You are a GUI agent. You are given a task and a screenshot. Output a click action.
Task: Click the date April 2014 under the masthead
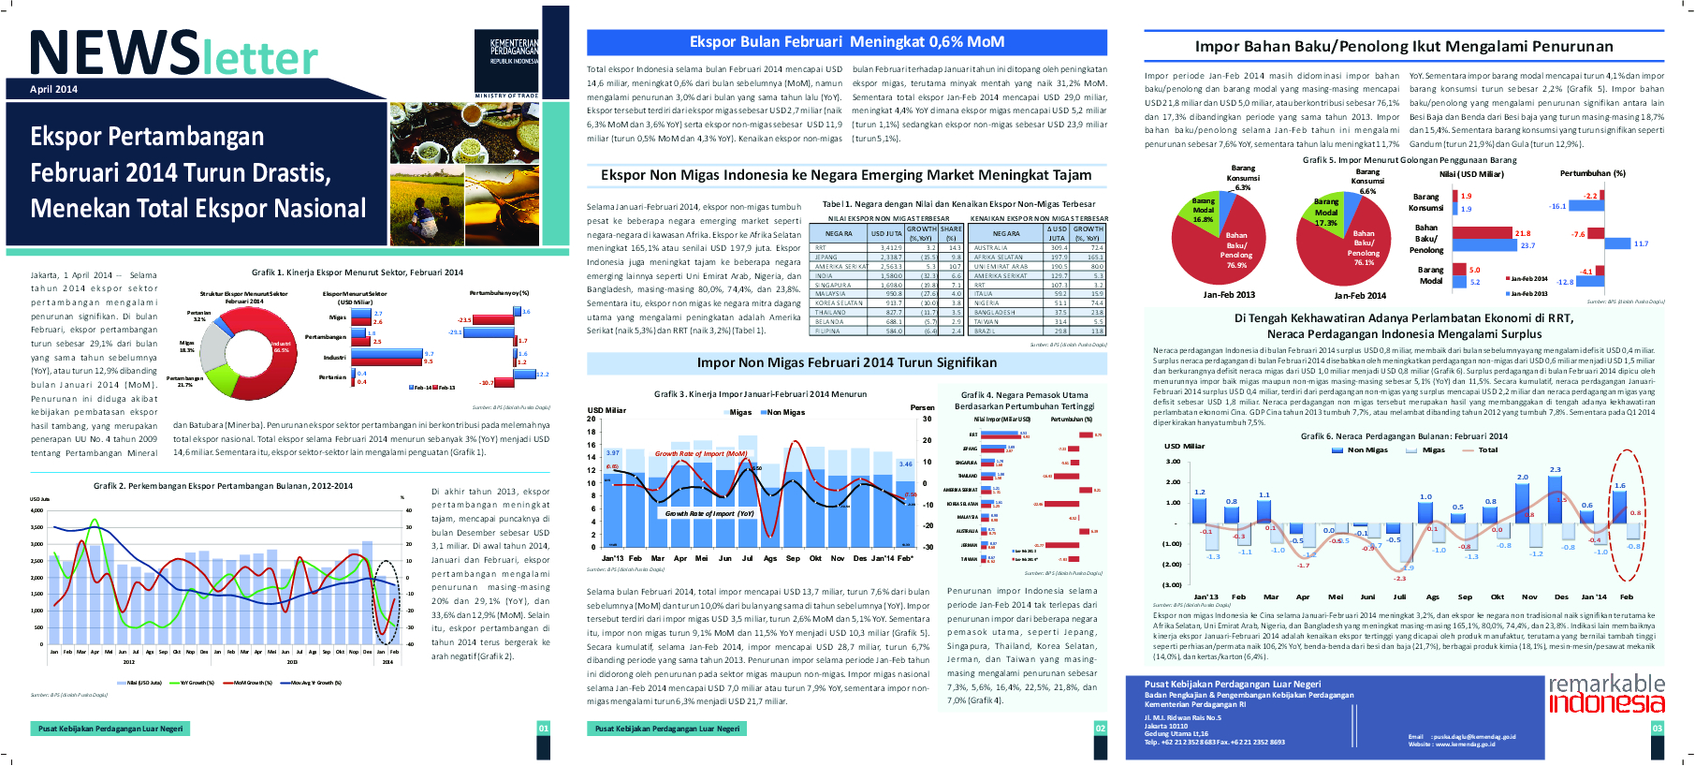tap(53, 90)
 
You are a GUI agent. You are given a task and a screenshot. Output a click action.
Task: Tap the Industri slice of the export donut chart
tap(277, 348)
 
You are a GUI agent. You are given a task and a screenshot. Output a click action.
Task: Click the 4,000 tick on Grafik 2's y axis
tap(37, 510)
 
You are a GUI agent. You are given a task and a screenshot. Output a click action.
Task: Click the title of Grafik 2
tap(223, 486)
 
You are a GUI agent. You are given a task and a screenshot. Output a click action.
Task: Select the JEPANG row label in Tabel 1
tap(826, 257)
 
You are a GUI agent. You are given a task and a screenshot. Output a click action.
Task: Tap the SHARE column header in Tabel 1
tap(951, 229)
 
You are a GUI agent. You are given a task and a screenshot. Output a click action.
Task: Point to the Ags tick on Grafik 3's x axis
tap(770, 558)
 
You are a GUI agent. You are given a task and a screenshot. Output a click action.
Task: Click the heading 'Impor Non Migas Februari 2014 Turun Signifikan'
tap(846, 363)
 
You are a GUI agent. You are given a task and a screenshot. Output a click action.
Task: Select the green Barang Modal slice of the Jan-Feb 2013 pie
tap(1204, 211)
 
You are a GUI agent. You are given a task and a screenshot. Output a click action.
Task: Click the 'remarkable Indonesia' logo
tap(1606, 694)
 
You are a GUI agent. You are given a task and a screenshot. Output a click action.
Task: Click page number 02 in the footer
tap(1100, 729)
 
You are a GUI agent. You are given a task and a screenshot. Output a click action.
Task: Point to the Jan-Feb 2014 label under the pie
tap(1359, 296)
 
